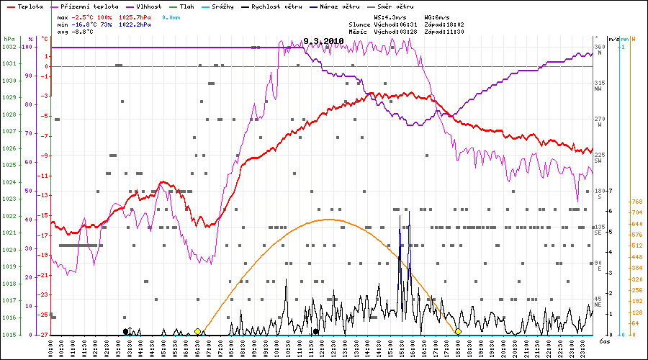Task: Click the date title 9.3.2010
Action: [x=323, y=42]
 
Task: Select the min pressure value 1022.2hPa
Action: [x=135, y=24]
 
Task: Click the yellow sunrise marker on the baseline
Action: [x=197, y=331]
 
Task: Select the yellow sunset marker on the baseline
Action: [x=458, y=331]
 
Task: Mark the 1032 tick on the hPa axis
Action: [x=9, y=47]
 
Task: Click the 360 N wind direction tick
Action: [x=598, y=47]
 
